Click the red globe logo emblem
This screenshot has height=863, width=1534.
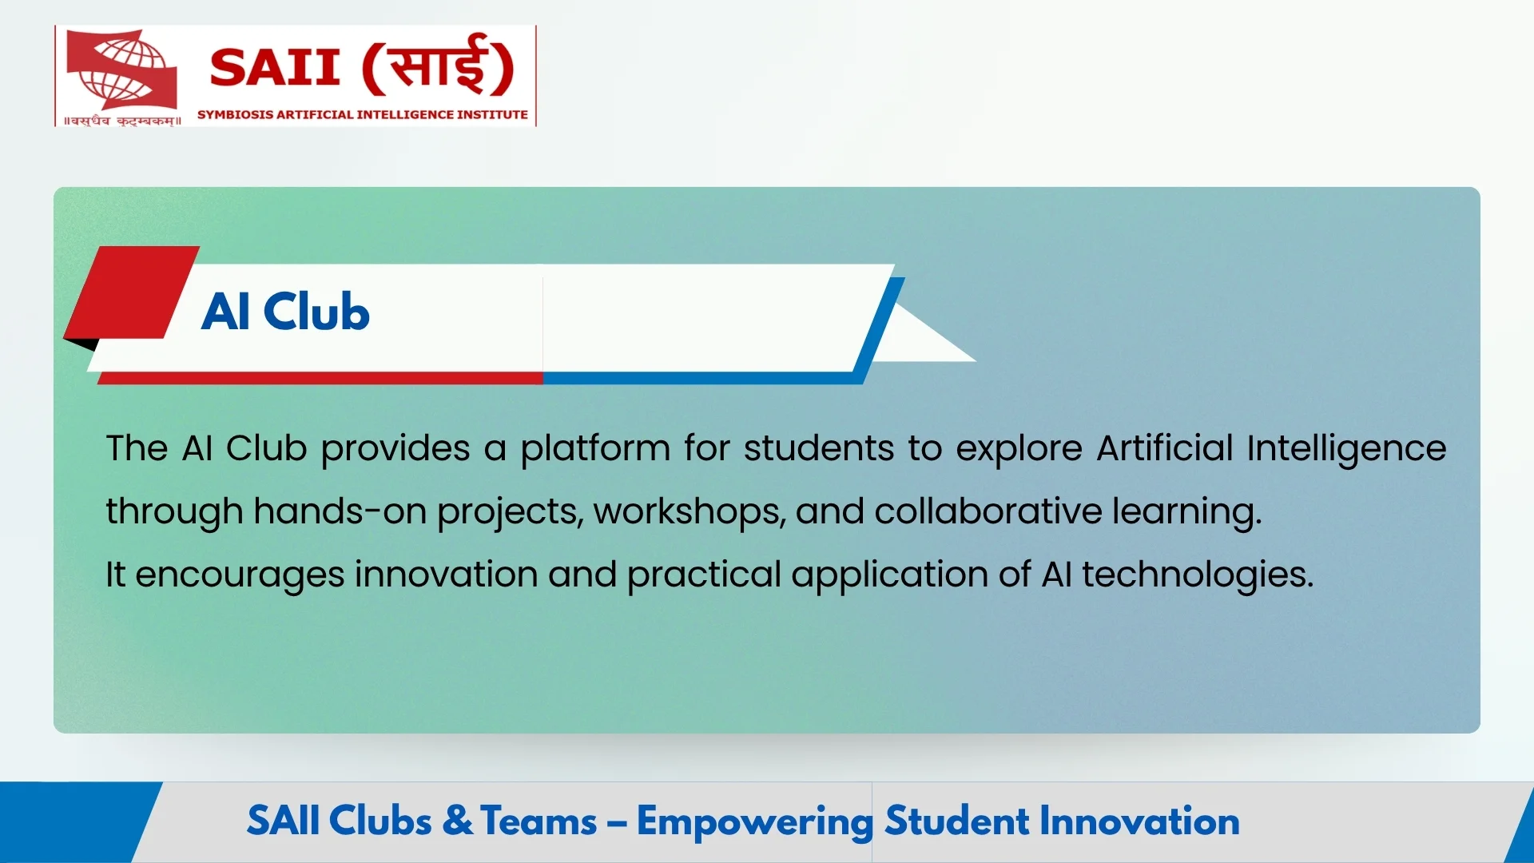coord(121,70)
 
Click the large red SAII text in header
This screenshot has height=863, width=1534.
coord(275,67)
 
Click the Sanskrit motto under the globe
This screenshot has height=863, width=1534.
coord(122,121)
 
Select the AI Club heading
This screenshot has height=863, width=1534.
coord(285,312)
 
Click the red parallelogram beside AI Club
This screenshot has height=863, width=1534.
coord(132,293)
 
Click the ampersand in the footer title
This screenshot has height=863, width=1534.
coord(457,821)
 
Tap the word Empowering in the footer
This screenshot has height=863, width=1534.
coord(754,821)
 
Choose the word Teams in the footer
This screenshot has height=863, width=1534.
coord(538,821)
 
